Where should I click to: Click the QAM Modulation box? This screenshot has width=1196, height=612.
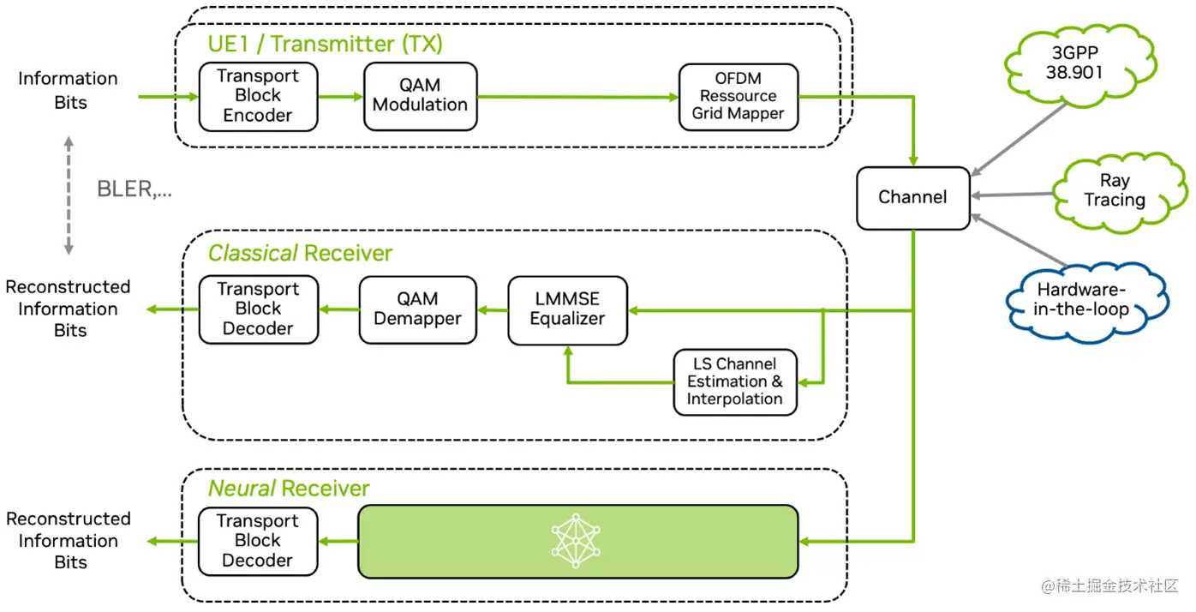pos(420,95)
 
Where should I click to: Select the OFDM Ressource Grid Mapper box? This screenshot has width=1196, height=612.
pos(738,96)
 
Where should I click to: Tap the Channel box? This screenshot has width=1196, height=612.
pos(912,197)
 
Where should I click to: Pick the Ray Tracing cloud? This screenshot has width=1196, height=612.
pos(1114,190)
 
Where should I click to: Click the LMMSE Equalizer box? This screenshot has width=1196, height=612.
pos(567,309)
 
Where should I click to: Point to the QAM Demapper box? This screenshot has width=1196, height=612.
pos(417,309)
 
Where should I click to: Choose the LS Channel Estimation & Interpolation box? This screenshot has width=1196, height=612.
pos(735,381)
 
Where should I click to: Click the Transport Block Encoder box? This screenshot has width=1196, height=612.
pos(258,95)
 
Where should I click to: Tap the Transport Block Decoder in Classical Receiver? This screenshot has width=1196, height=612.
pos(258,309)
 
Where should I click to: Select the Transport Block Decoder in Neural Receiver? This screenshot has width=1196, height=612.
pos(257,541)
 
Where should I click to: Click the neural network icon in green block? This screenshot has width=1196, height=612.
pos(577,540)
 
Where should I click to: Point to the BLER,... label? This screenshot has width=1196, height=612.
pos(135,190)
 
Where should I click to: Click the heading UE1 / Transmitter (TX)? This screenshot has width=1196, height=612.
pos(325,43)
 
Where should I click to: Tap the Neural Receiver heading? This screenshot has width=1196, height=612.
pos(289,489)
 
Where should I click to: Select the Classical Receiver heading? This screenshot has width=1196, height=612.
pos(300,253)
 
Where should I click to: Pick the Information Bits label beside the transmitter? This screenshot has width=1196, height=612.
pos(68,90)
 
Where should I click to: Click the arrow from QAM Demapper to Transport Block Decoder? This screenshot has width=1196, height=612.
pos(338,309)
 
